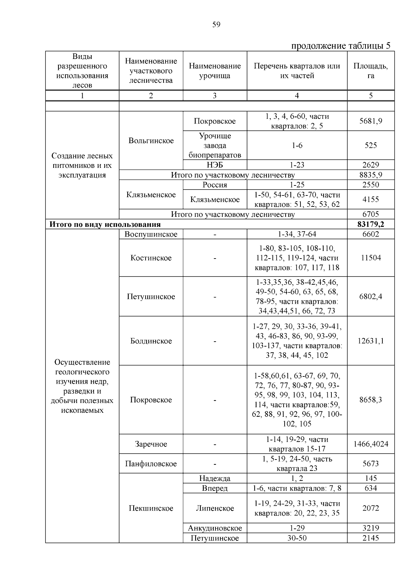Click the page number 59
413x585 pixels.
click(x=216, y=24)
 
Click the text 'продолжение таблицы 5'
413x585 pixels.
click(x=341, y=46)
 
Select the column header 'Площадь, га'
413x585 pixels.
click(x=370, y=71)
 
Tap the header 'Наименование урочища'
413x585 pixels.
click(x=215, y=71)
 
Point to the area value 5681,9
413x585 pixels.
click(x=370, y=121)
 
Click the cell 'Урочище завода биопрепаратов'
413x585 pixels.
click(x=215, y=145)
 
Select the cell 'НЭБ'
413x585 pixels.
click(x=215, y=165)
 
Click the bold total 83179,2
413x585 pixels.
click(x=370, y=224)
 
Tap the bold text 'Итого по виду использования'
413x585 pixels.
click(x=105, y=224)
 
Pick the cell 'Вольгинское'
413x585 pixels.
click(x=151, y=141)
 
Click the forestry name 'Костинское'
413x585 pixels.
click(x=151, y=258)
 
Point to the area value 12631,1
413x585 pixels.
click(x=370, y=341)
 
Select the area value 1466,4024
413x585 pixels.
click(x=370, y=444)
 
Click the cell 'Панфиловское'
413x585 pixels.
click(x=151, y=464)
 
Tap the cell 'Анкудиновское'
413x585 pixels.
click(x=215, y=528)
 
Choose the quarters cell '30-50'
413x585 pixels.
click(x=297, y=538)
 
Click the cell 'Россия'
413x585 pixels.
click(x=215, y=185)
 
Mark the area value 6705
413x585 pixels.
click(x=370, y=214)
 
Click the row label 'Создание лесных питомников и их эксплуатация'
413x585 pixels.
click(x=82, y=165)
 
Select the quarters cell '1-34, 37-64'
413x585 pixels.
click(x=297, y=234)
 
